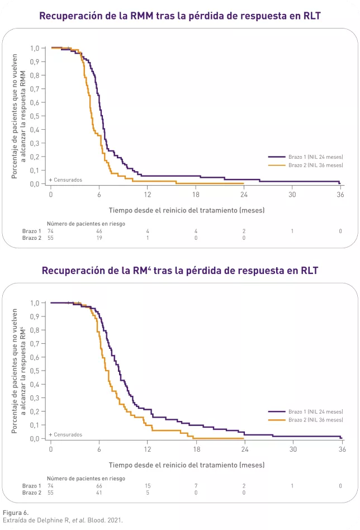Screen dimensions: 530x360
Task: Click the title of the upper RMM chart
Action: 179,16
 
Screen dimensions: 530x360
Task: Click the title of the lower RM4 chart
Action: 179,271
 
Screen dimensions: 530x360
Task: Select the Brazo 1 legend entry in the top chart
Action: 305,158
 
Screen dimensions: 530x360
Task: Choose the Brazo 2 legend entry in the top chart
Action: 305,165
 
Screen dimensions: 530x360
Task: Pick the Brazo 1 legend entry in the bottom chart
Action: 305,412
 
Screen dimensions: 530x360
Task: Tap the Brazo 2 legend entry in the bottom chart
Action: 305,420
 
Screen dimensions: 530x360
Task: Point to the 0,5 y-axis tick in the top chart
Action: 35,116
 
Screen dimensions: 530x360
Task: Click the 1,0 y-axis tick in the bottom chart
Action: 35,303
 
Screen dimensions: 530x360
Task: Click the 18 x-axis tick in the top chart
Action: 196,194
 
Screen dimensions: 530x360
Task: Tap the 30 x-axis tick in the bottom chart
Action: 292,449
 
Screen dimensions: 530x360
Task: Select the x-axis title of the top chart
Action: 187,210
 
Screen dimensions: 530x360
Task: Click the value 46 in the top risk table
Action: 99,231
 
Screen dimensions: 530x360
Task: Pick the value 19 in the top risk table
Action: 99,238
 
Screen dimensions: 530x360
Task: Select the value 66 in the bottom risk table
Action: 99,486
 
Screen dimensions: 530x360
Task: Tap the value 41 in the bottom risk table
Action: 99,493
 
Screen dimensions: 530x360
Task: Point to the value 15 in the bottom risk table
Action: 148,486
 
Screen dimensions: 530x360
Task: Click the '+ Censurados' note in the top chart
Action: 65,180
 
